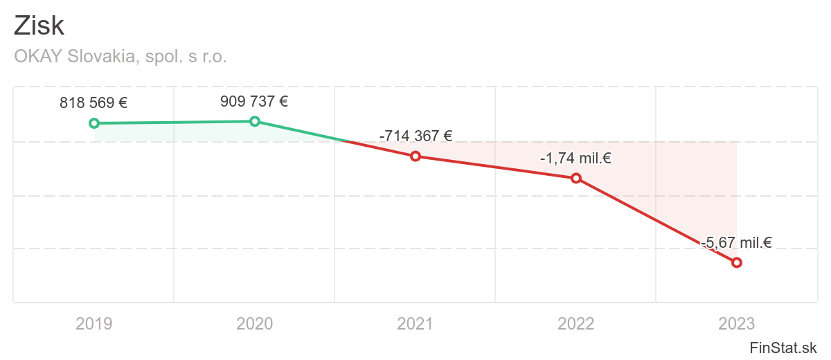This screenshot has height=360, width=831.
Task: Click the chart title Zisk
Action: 39,26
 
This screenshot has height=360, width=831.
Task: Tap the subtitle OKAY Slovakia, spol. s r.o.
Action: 120,57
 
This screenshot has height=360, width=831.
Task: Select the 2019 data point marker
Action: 94,123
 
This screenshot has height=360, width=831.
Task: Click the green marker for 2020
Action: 255,121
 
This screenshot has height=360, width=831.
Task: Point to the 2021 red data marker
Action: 415,156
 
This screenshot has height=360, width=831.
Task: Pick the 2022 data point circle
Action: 575,178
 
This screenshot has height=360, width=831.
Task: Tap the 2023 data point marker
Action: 737,262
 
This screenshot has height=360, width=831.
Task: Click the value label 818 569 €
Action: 93,103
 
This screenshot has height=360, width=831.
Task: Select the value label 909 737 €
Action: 254,101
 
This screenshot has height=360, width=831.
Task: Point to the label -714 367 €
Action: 415,136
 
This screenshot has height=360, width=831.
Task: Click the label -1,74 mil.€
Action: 575,159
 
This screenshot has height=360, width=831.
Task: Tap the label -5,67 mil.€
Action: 736,242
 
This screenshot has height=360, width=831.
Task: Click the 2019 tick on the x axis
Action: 94,323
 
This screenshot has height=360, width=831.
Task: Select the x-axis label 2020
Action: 255,323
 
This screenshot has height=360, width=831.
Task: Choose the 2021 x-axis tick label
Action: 415,323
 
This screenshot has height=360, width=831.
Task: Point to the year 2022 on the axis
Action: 575,323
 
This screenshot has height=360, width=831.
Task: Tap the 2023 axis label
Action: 736,323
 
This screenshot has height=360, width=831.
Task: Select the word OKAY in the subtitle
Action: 39,57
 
